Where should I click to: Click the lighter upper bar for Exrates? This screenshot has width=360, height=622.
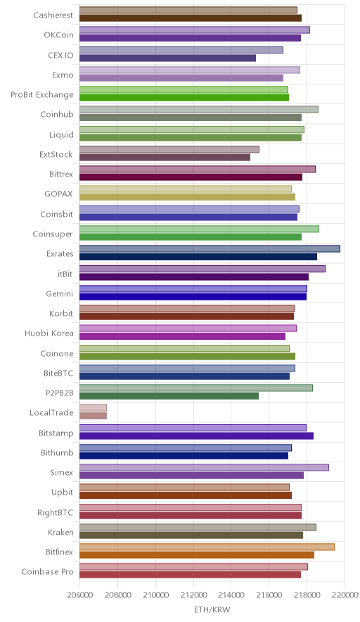[x=210, y=248]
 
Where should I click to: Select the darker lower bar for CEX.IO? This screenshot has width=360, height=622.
[x=168, y=58]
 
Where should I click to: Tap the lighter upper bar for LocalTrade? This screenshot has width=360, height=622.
[x=94, y=408]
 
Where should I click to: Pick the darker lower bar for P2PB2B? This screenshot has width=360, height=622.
[x=169, y=396]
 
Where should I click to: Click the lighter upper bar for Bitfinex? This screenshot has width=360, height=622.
[x=207, y=547]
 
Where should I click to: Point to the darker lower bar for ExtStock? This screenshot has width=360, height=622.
[x=165, y=158]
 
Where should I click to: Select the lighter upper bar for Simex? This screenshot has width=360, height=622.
[x=204, y=467]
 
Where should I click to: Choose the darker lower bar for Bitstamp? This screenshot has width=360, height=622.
[x=197, y=436]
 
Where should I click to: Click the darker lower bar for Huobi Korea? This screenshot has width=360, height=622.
[x=182, y=336]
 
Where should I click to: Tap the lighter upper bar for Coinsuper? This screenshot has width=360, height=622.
[x=200, y=229]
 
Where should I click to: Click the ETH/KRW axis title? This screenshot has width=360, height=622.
[x=212, y=609]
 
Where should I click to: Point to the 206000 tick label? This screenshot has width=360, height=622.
[x=79, y=595]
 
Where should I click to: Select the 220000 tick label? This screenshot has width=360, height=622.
[x=345, y=595]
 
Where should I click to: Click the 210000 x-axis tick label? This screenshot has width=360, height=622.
[x=155, y=595]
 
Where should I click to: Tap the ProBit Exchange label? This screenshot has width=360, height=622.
[x=42, y=95]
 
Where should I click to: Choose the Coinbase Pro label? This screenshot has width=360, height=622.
[x=48, y=571]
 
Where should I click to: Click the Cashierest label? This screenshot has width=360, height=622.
[x=53, y=15]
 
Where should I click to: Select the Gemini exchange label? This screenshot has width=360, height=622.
[x=60, y=293]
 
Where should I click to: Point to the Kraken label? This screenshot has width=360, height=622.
[x=60, y=532]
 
